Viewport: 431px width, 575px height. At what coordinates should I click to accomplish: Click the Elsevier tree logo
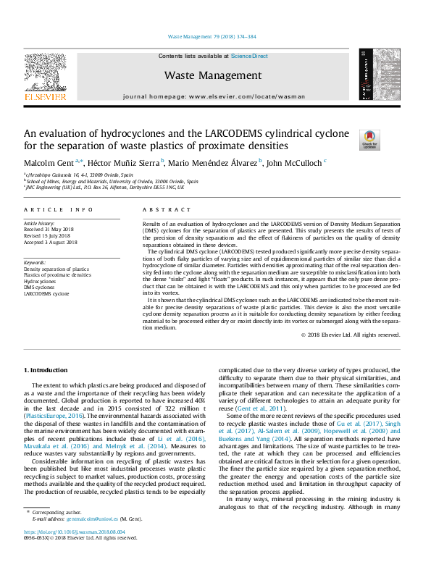46,76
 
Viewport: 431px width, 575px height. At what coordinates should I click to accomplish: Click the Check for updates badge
369,138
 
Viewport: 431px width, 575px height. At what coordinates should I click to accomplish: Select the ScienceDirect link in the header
249,56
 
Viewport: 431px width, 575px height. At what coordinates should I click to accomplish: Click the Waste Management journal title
212,75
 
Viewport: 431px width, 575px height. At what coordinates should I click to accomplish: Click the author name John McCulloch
294,163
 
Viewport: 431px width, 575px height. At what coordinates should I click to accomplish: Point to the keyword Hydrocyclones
42,281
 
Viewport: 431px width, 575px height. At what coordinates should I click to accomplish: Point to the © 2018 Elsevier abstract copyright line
351,335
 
